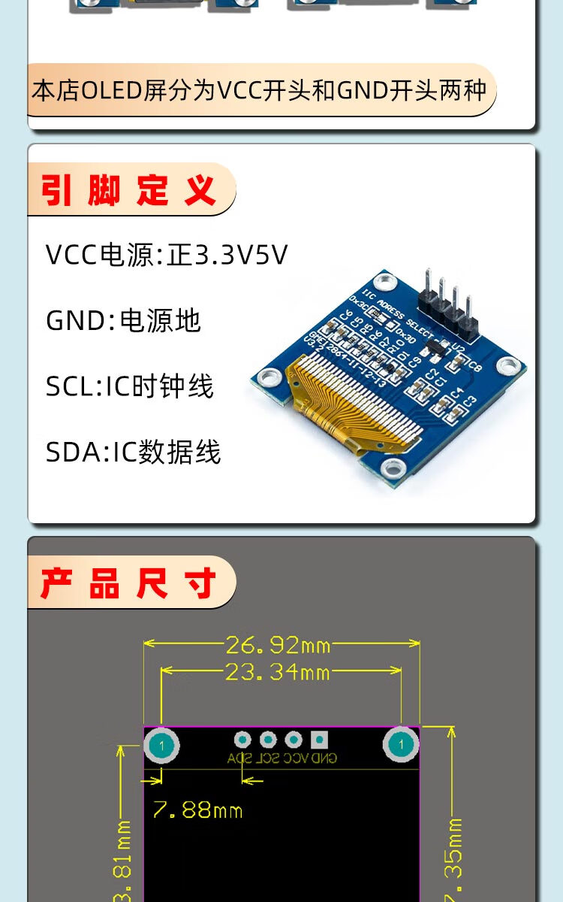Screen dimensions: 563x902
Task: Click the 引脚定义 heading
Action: click(x=128, y=190)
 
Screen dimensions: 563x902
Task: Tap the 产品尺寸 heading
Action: click(x=128, y=583)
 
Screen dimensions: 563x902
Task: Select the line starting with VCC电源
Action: click(x=167, y=255)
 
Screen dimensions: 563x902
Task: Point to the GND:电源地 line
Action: click(x=123, y=321)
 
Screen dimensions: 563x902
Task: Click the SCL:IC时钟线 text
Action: click(x=129, y=386)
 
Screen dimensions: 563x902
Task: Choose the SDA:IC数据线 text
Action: click(x=133, y=453)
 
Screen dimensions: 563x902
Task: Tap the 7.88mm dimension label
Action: click(x=197, y=810)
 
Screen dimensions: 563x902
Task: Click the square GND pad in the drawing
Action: click(x=320, y=740)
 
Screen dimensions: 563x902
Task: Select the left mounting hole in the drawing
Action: click(x=161, y=746)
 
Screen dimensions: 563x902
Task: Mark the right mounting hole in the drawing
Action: click(x=401, y=745)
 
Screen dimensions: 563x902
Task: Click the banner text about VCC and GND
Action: click(x=259, y=91)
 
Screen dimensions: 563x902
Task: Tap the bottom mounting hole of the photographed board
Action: click(x=392, y=470)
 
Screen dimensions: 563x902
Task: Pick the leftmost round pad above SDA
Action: click(x=242, y=740)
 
